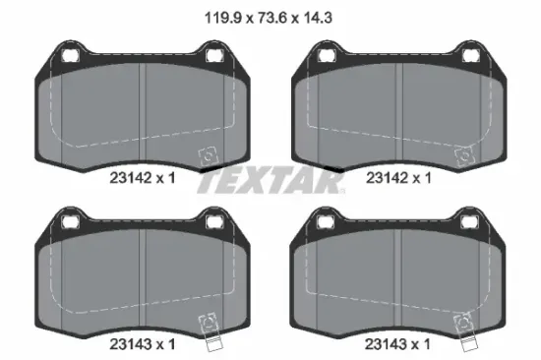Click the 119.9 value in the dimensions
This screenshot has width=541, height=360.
point(223,18)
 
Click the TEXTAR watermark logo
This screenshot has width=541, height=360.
point(270,182)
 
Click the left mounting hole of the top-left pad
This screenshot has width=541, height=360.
point(71,55)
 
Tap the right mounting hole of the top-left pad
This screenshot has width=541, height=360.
point(214,55)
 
